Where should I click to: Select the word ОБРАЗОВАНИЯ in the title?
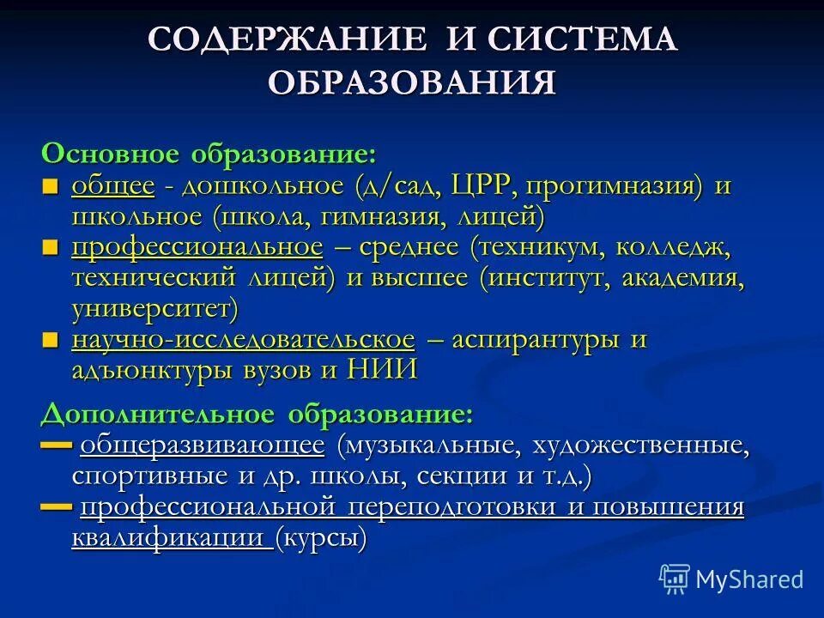coord(412,82)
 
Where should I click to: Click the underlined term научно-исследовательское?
coord(244,340)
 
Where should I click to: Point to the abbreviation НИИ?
coord(382,370)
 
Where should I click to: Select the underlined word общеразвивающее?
coord(203,445)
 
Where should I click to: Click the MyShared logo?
coord(731,579)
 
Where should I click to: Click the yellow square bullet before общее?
coord(51,186)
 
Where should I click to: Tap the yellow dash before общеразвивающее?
coord(56,445)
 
